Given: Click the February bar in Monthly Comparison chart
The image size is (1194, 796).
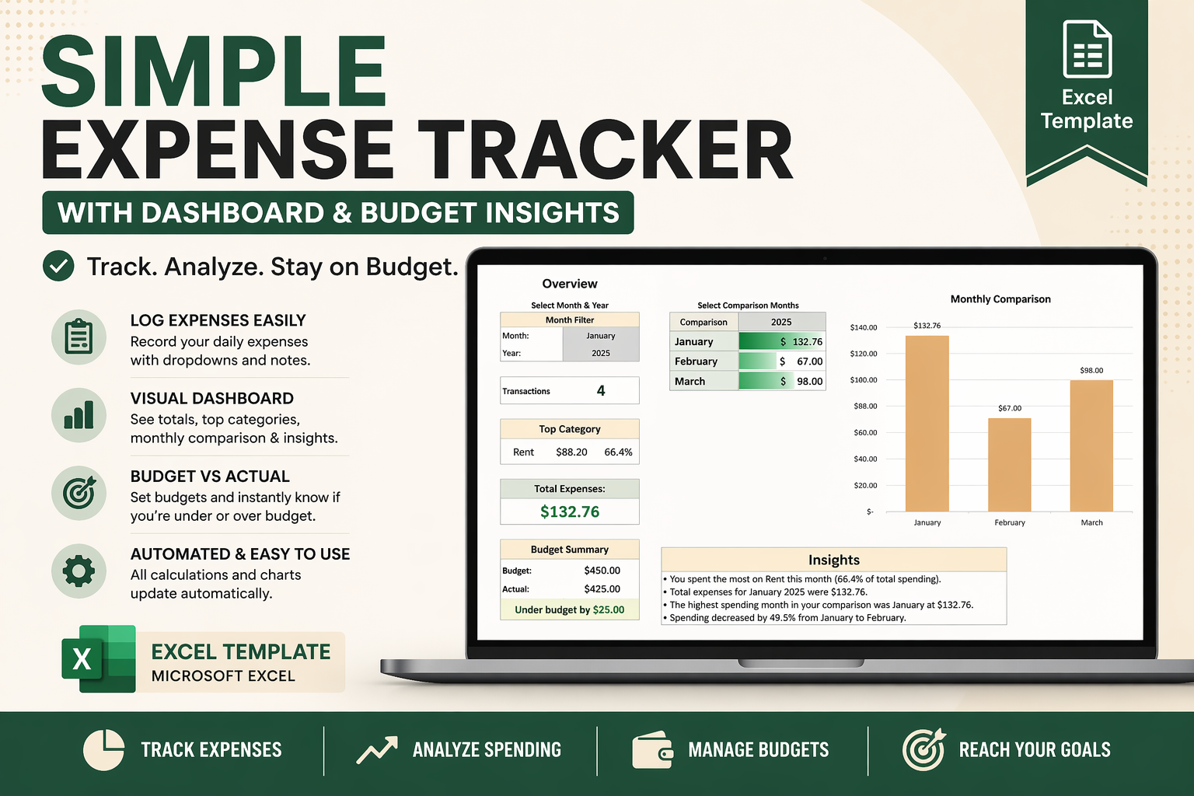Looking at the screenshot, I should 1009,464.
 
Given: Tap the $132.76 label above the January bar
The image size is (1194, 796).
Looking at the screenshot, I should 927,326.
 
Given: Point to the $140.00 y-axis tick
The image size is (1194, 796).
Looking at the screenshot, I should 864,327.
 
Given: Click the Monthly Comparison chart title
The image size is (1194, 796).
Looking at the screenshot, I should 1000,299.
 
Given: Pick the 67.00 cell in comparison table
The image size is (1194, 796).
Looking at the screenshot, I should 809,361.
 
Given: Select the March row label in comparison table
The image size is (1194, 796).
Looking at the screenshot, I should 690,382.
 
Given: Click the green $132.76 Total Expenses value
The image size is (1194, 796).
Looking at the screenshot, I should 570,511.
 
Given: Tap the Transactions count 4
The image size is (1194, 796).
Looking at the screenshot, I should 601,391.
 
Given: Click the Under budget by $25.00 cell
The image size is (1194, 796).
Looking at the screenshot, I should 570,610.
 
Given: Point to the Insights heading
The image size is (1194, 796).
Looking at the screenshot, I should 833,560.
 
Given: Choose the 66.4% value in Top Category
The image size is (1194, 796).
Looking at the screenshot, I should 618,452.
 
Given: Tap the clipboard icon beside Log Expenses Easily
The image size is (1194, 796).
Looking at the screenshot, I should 79,337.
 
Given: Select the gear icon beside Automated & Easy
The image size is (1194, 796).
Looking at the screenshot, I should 79,571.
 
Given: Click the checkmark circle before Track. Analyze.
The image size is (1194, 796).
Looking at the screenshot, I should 58,266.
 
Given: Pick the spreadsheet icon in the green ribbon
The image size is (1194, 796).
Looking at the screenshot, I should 1087,50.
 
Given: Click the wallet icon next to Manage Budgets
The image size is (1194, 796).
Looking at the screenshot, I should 652,750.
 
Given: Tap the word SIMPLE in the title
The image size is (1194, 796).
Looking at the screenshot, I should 214,72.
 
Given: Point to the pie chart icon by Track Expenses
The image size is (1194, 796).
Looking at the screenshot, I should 103,750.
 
